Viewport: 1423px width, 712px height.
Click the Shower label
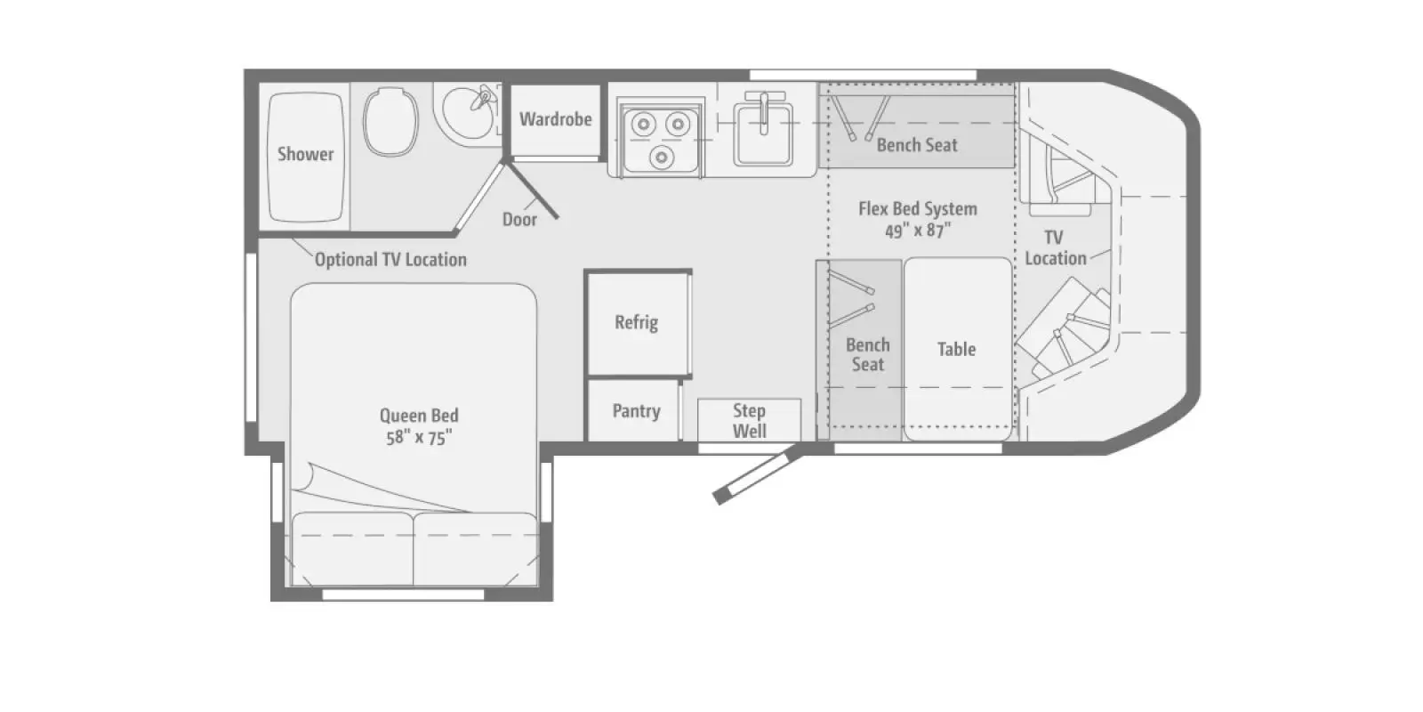coord(305,154)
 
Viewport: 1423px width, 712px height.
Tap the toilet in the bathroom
coord(390,121)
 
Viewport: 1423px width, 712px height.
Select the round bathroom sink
coord(468,112)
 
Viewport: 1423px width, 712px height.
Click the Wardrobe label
coord(555,119)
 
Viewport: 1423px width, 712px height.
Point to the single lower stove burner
coord(662,156)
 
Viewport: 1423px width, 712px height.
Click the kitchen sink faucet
coord(764,112)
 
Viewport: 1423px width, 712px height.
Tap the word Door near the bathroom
coord(519,219)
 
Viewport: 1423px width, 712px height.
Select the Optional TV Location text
coord(390,259)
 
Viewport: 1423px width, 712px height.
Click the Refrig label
coord(636,322)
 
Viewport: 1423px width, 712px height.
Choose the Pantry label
coord(636,410)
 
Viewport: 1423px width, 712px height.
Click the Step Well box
coord(749,419)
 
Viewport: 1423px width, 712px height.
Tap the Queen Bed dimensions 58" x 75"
coord(419,438)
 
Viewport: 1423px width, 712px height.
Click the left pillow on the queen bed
coord(352,548)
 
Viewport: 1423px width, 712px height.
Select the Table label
coord(956,349)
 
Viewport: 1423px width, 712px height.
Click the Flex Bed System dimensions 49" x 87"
coord(918,231)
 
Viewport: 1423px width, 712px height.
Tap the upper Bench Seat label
coord(917,145)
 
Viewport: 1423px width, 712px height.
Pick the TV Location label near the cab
coord(1055,248)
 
